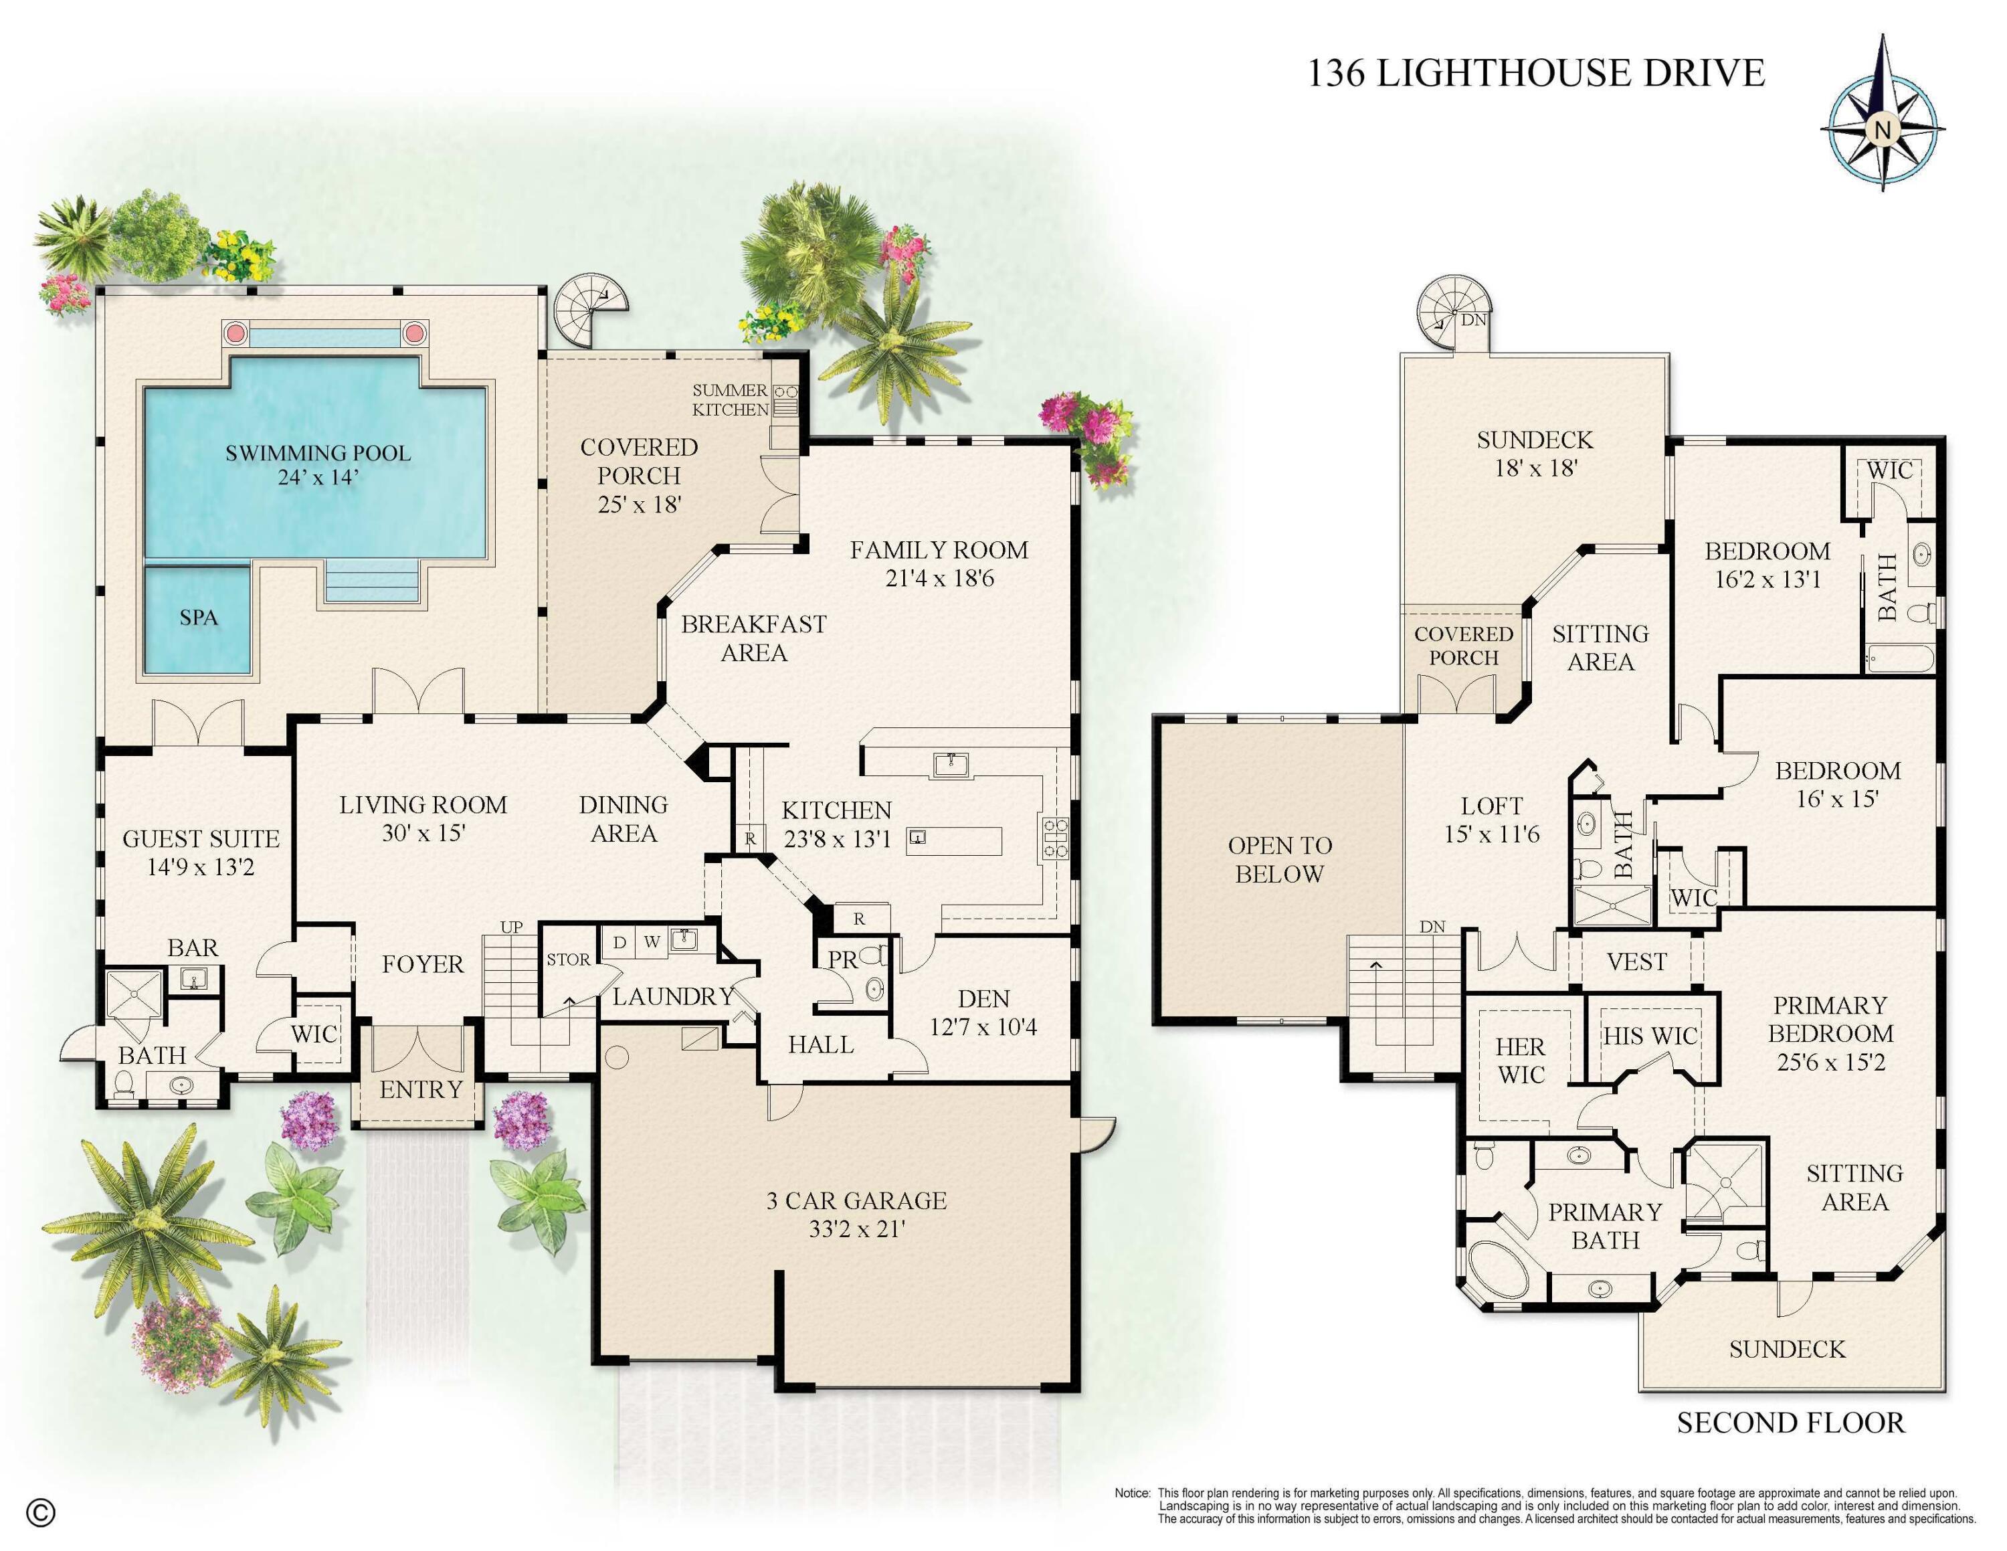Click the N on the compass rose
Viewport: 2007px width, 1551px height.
pos(1882,130)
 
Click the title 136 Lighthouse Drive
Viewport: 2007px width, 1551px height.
pos(1535,72)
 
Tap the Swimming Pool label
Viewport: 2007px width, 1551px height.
pos(318,453)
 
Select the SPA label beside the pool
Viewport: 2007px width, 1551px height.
pos(199,618)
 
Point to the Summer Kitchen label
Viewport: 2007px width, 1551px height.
pos(731,399)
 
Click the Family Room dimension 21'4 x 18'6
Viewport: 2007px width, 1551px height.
pos(939,579)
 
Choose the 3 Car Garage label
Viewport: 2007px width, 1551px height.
pos(856,1201)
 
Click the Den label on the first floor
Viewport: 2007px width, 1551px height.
pos(983,999)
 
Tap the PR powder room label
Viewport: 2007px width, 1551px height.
pos(843,960)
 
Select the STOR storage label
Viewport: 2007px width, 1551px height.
pos(568,960)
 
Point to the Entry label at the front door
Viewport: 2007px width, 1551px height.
pos(421,1090)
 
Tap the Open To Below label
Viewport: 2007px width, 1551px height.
pos(1280,859)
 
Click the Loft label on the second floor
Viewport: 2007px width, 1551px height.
pos(1491,806)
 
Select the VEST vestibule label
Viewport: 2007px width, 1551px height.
pos(1636,962)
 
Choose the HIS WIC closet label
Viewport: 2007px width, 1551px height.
pos(1650,1036)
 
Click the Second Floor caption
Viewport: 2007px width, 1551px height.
pos(1790,1423)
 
